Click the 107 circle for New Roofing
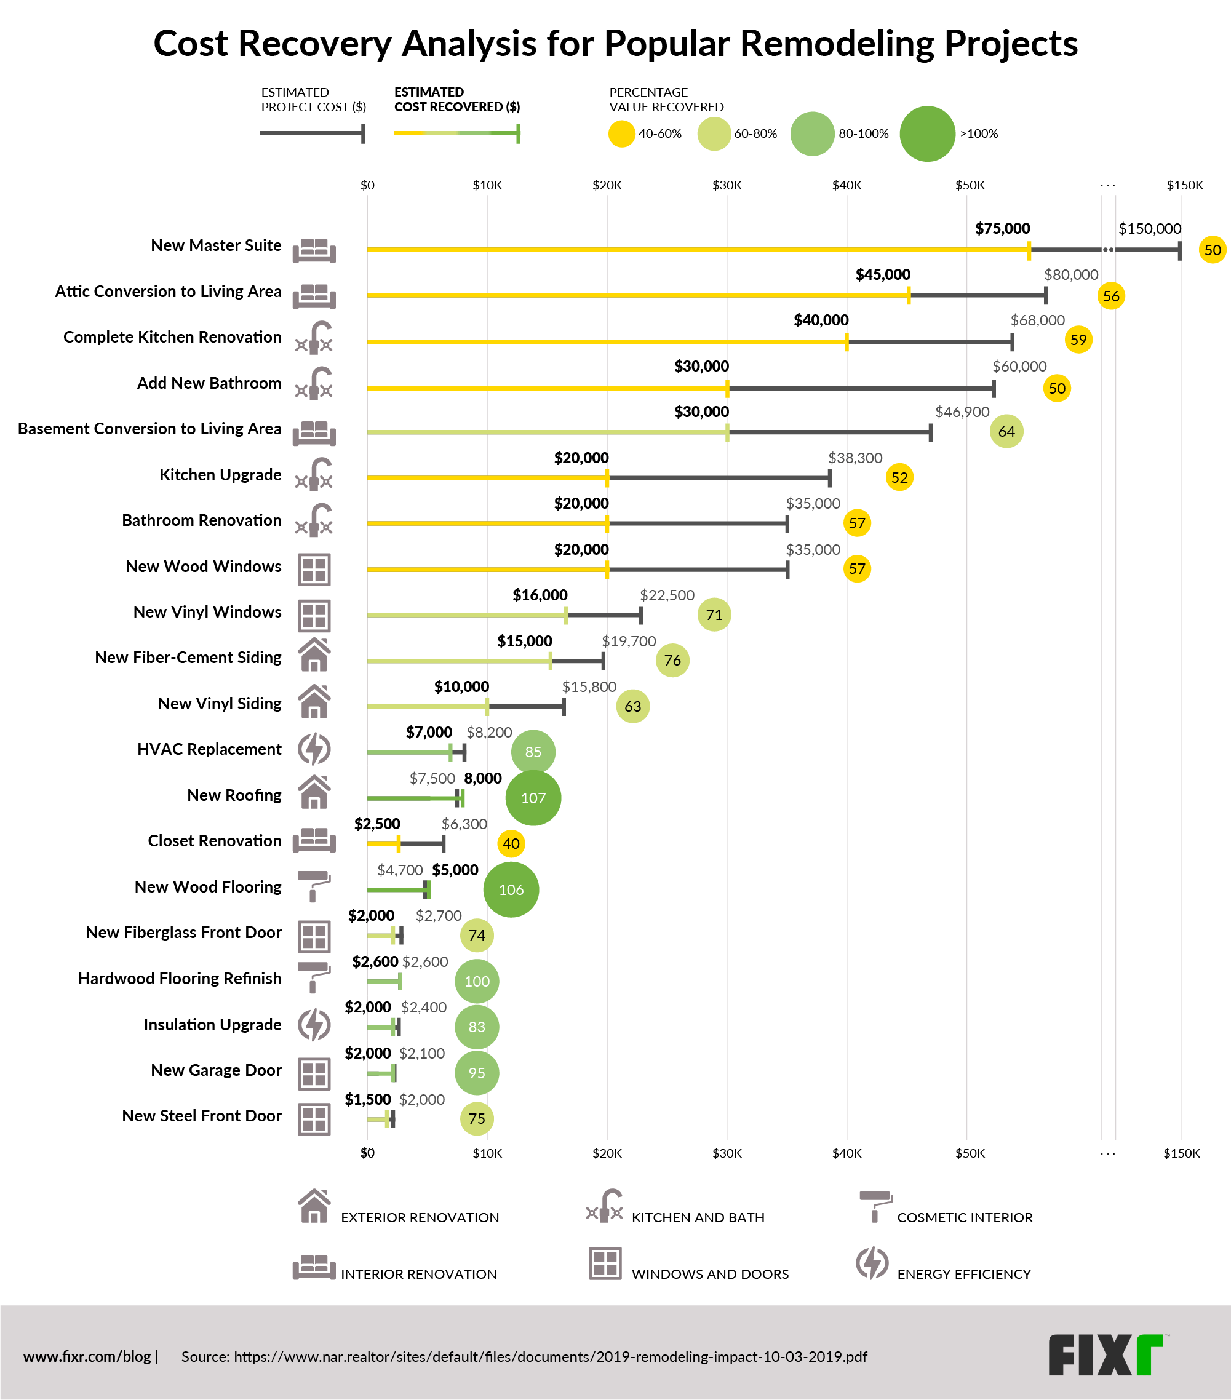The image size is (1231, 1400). click(x=533, y=798)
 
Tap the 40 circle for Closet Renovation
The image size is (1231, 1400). click(x=511, y=844)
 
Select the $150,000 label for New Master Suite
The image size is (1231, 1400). click(x=1149, y=229)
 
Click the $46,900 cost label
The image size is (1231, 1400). click(x=962, y=412)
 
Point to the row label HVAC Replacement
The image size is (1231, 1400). click(x=209, y=749)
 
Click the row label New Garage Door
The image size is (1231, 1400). click(x=216, y=1070)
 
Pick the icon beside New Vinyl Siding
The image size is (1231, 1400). click(x=314, y=701)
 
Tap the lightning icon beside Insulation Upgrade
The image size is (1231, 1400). click(x=314, y=1025)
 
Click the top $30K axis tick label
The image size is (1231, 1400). click(x=727, y=185)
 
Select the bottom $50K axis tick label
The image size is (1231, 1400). click(x=970, y=1153)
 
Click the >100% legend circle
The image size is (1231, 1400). click(x=927, y=133)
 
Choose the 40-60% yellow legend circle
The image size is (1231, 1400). click(x=622, y=133)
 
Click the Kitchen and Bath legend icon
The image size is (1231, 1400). click(x=604, y=1207)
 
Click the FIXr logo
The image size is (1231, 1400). click(x=1104, y=1356)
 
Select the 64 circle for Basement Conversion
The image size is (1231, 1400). click(x=1006, y=432)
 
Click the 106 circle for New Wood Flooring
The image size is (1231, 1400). click(x=511, y=889)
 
